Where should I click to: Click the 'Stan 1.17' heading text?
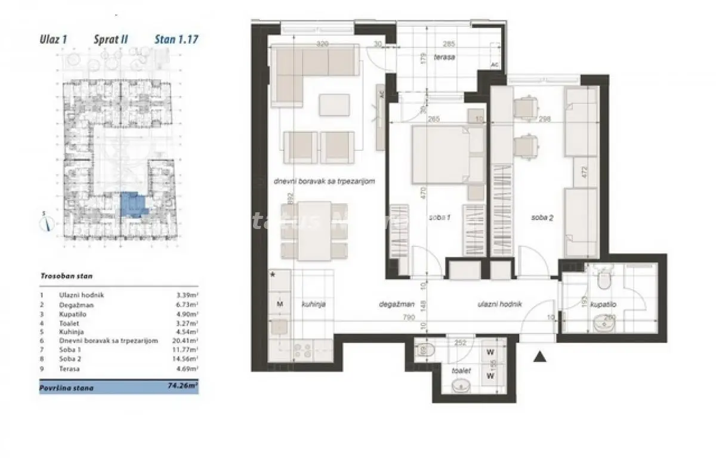click(x=176, y=40)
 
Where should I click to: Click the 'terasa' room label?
click(x=445, y=57)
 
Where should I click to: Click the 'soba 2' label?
click(x=542, y=218)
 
